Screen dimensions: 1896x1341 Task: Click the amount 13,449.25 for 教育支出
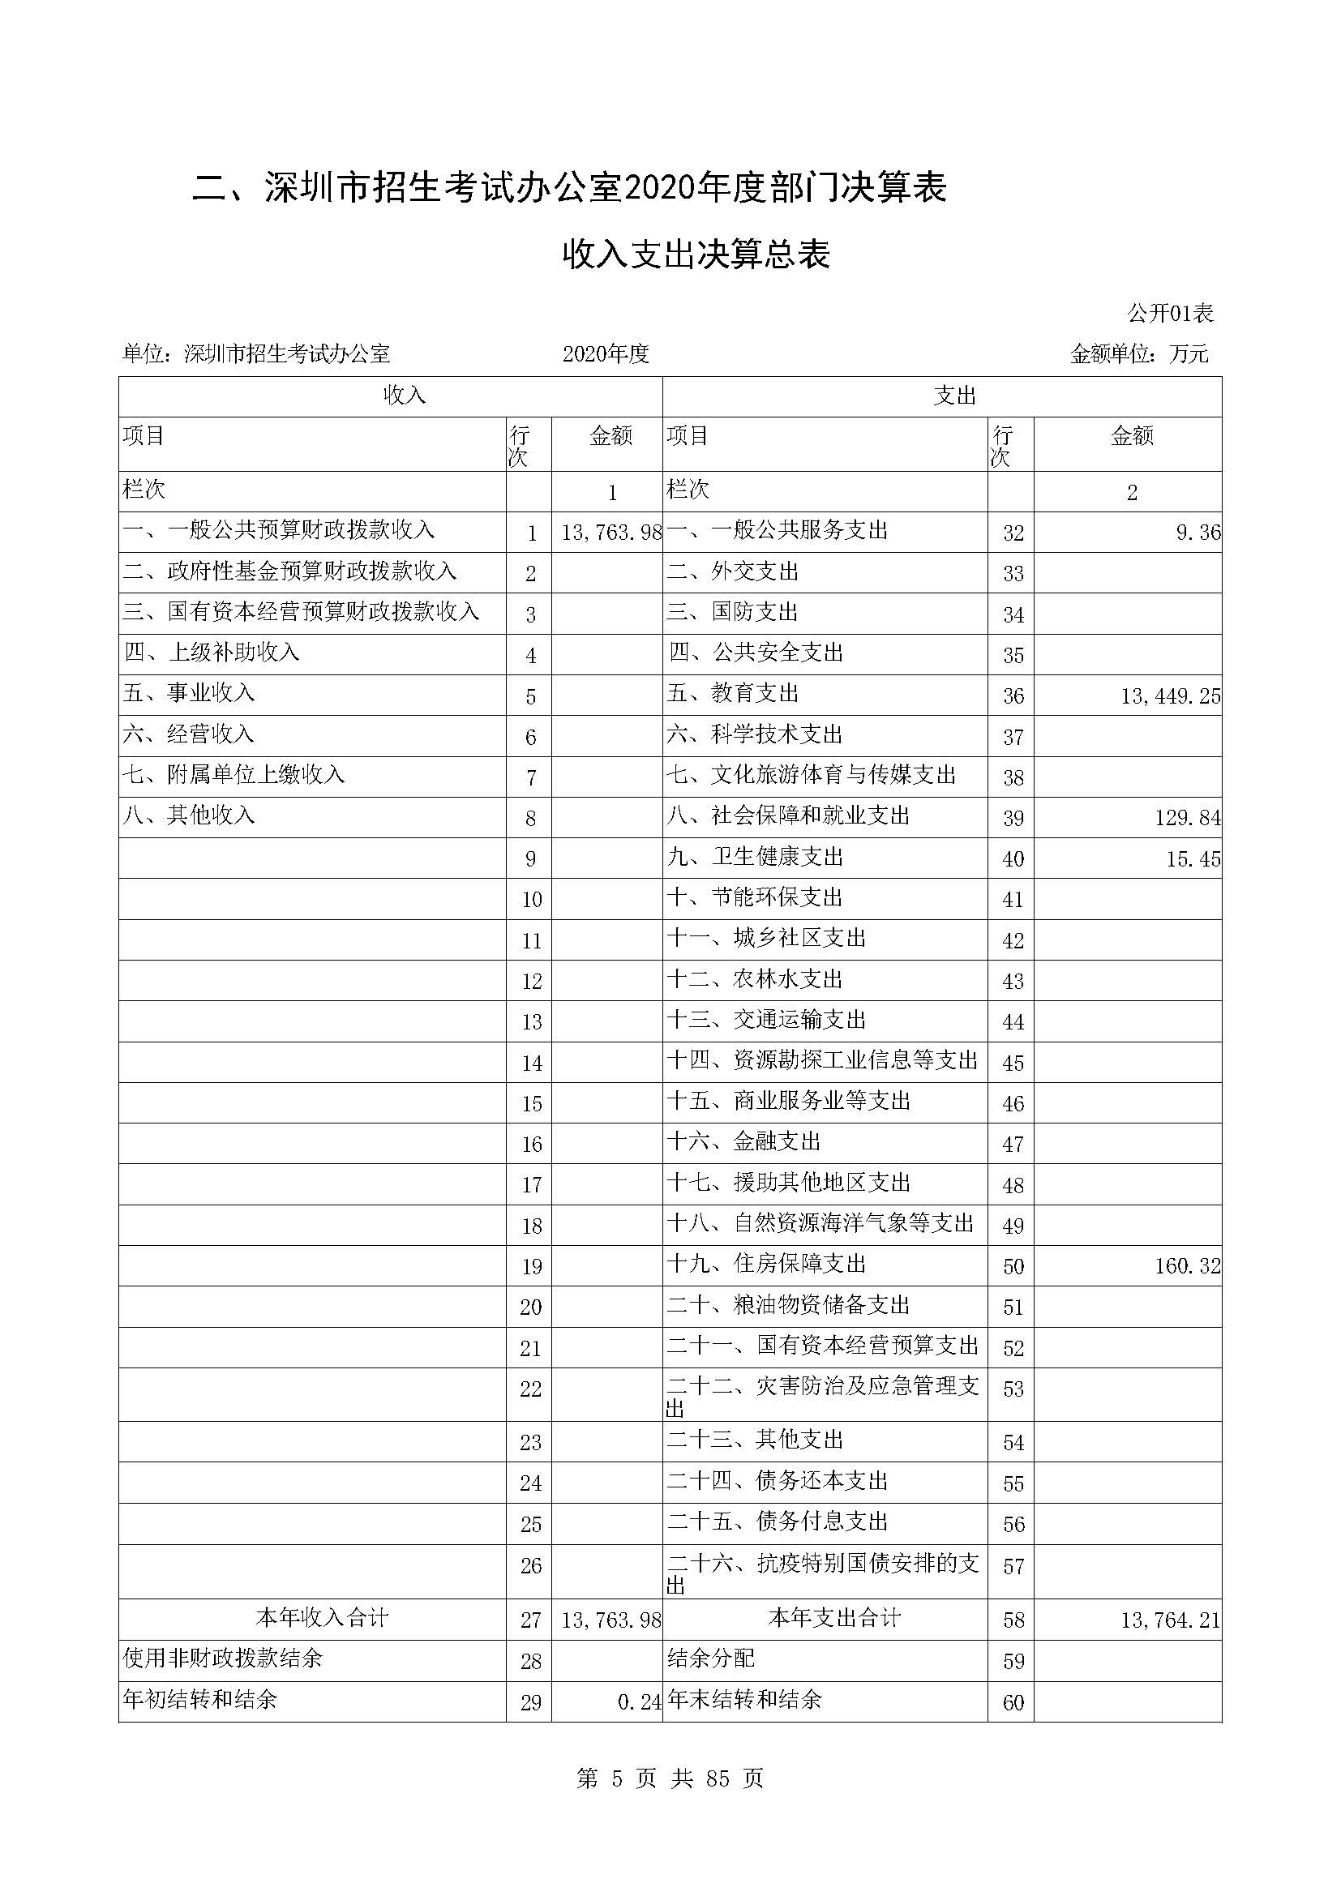click(1169, 696)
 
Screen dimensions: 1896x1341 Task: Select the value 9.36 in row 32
click(1197, 533)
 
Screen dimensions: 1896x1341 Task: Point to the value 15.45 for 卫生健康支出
click(1193, 858)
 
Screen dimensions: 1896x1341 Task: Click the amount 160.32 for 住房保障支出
click(1187, 1266)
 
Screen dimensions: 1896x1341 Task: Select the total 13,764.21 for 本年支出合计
click(1169, 1620)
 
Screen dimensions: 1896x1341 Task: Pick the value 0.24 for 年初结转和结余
click(639, 1702)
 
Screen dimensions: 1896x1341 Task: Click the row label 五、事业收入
click(189, 693)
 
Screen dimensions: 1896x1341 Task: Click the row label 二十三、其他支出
click(756, 1440)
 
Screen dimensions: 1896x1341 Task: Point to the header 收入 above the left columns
click(404, 396)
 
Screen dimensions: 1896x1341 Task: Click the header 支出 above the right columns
click(954, 396)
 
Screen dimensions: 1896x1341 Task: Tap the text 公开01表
click(1170, 314)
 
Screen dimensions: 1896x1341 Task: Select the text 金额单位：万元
click(1138, 354)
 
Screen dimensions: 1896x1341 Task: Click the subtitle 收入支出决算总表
click(696, 255)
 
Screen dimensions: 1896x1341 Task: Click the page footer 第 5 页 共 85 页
click(670, 1778)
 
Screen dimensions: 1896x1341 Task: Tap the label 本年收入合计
click(321, 1618)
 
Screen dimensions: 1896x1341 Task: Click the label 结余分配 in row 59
click(711, 1658)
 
